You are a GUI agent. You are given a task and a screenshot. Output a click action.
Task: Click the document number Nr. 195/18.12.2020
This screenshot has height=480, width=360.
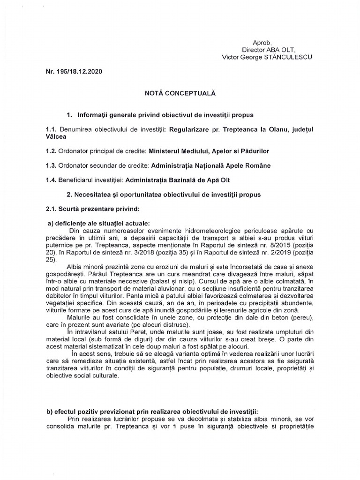[x=73, y=73]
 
